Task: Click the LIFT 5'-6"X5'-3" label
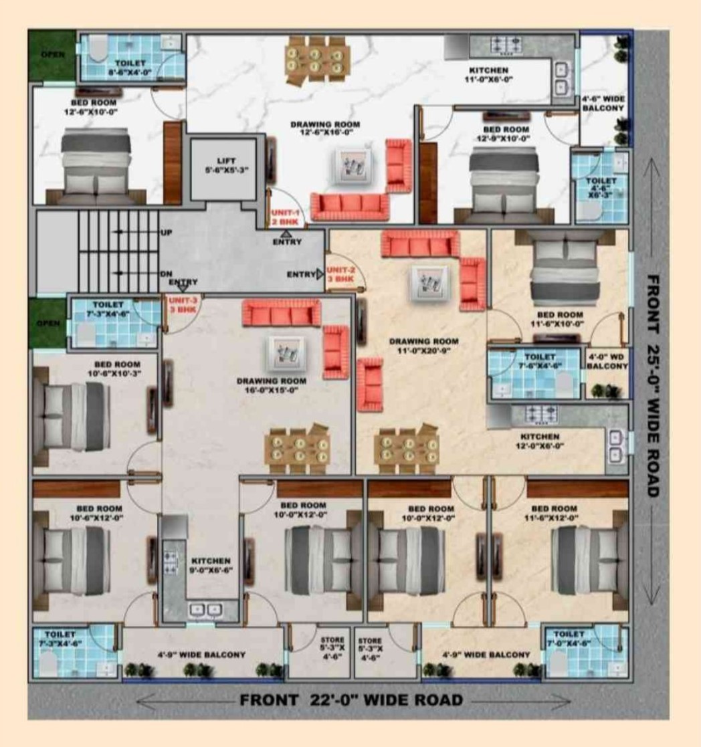pyautogui.click(x=224, y=165)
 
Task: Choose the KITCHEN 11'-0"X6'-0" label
pyautogui.click(x=488, y=74)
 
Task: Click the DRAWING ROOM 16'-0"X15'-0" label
pyautogui.click(x=271, y=385)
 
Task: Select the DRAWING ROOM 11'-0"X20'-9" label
pyautogui.click(x=423, y=345)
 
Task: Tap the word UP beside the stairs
pyautogui.click(x=167, y=233)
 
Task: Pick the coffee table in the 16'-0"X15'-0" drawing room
pyautogui.click(x=286, y=351)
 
